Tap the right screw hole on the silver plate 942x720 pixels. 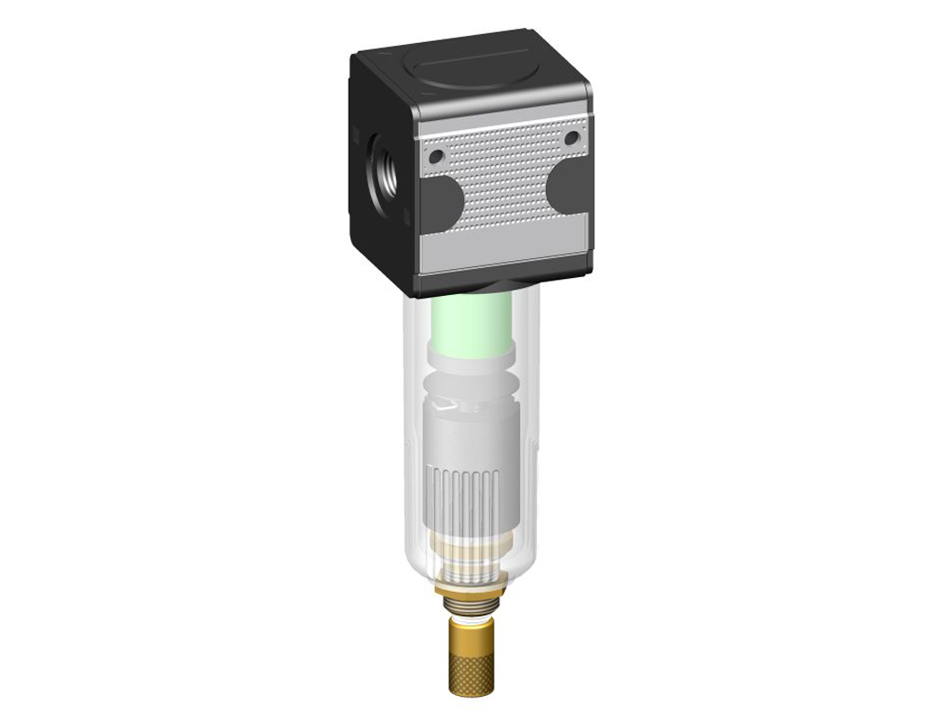click(x=570, y=138)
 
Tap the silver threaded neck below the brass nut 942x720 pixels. click(x=471, y=607)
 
